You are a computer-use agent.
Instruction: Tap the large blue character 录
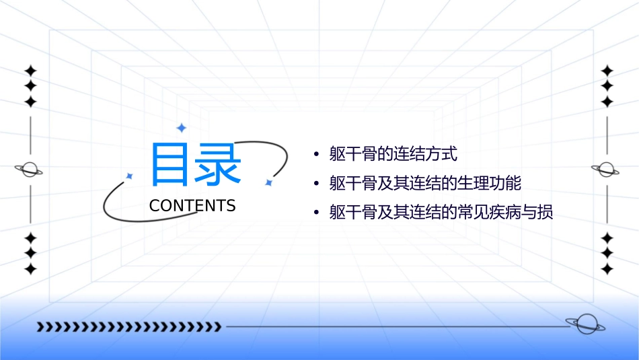click(218, 164)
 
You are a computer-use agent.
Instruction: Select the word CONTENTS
click(192, 206)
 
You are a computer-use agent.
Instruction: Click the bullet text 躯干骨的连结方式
click(393, 154)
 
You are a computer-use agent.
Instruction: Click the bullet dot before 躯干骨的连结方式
click(316, 155)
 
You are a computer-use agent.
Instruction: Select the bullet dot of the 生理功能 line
click(316, 184)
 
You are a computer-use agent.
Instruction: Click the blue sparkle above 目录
click(180, 128)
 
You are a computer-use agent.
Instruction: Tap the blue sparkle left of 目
click(129, 176)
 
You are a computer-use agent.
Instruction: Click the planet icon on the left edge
click(29, 170)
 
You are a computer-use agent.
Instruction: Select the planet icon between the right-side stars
click(607, 170)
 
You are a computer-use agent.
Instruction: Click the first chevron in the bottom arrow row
click(40, 327)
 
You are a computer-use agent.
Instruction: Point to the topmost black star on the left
click(30, 71)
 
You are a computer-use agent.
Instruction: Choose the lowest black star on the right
click(607, 269)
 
